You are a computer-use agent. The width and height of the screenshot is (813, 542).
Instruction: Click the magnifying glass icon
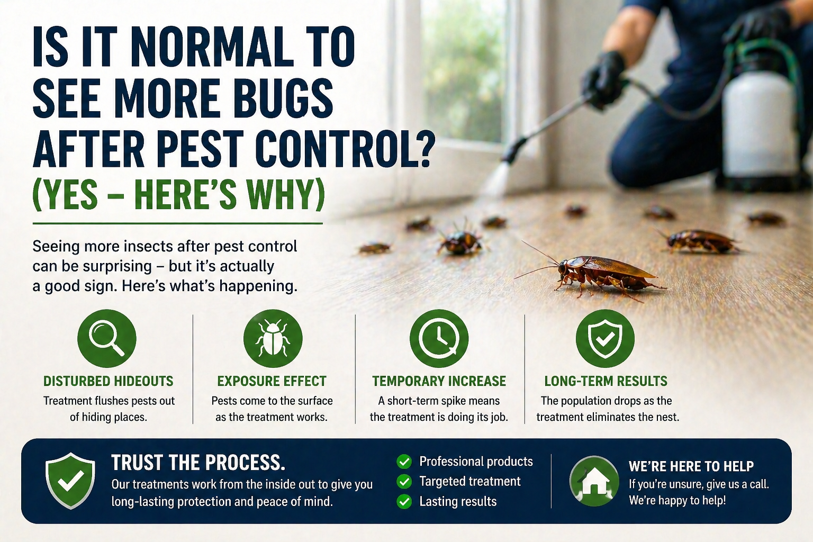pos(107,339)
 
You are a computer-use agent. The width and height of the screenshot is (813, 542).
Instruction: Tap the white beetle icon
pos(273,339)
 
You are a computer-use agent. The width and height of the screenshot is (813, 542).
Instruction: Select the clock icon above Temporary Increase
pos(439,339)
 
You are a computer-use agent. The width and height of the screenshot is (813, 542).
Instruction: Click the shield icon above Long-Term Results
pos(605,339)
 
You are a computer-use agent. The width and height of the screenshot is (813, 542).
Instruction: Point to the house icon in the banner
pos(594,481)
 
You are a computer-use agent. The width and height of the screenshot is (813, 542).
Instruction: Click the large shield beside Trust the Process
pos(70,480)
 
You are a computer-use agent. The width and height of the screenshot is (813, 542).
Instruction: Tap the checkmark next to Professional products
pos(404,462)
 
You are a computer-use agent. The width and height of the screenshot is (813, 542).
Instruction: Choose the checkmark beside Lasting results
pos(404,501)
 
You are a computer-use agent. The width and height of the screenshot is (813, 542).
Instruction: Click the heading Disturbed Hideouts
pos(109,381)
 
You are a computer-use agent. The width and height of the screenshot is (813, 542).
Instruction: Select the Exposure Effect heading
pos(272,381)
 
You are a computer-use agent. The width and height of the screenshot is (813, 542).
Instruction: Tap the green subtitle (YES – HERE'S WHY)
pos(178,195)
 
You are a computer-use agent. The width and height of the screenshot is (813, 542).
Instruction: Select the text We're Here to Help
pos(691,466)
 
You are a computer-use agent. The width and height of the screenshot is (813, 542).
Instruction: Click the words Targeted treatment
pos(469,481)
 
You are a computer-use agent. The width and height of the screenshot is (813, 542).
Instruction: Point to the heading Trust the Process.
pos(198,463)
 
